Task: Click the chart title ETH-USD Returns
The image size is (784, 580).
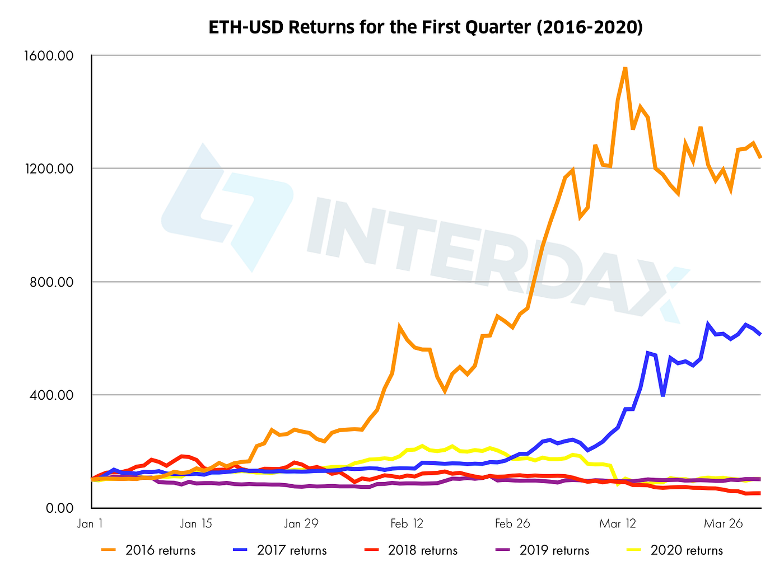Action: [426, 27]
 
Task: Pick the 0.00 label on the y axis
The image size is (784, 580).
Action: [58, 508]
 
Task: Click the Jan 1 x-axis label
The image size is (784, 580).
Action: [90, 523]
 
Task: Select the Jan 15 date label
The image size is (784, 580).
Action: [196, 523]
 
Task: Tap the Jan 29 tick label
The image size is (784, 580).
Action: [301, 523]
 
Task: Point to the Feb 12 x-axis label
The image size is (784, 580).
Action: [407, 523]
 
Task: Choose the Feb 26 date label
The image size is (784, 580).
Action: [512, 523]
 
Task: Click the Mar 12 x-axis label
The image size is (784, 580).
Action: [618, 523]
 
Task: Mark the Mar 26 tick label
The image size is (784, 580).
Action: [724, 523]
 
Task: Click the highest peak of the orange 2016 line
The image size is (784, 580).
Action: [625, 68]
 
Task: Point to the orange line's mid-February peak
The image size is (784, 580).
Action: [399, 326]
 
